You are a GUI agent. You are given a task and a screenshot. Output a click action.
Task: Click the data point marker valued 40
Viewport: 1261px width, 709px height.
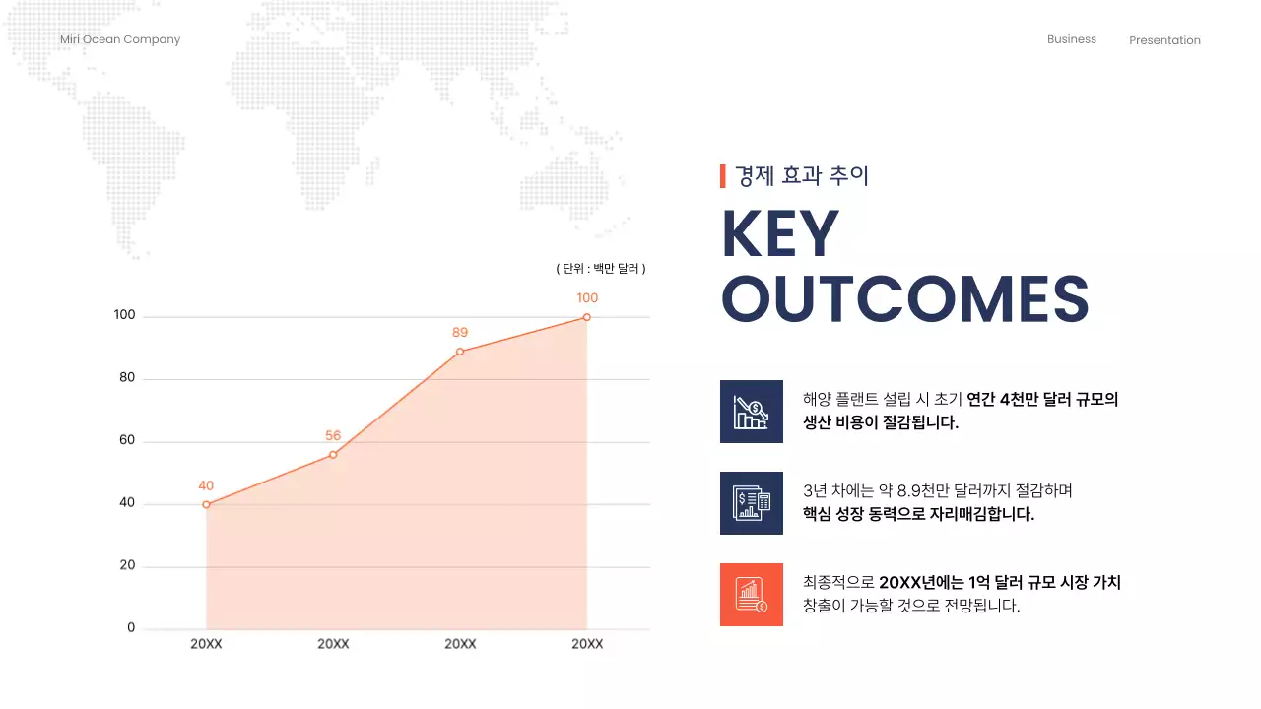click(206, 505)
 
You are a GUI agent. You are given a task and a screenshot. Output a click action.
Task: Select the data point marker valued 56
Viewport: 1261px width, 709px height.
click(333, 455)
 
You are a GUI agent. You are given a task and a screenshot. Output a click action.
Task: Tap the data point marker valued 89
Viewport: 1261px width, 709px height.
click(460, 352)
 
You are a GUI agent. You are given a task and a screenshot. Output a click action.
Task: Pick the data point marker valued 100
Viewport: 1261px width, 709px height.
click(587, 317)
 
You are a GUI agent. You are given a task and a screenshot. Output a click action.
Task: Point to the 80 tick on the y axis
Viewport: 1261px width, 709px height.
click(126, 378)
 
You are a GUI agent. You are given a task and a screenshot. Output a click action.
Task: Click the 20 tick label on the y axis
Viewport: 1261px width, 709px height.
click(126, 566)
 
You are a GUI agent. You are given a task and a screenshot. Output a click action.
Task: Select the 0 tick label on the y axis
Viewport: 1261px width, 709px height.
click(131, 628)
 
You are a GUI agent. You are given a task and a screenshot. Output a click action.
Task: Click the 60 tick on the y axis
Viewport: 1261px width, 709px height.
click(126, 441)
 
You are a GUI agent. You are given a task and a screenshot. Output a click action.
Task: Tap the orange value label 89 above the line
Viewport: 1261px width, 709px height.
click(460, 333)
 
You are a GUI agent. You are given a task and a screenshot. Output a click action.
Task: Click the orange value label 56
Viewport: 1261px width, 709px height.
click(333, 436)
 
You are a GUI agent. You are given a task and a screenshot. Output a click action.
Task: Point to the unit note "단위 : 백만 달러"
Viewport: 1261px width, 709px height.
click(601, 268)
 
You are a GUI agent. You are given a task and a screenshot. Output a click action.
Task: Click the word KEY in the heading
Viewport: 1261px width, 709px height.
click(780, 234)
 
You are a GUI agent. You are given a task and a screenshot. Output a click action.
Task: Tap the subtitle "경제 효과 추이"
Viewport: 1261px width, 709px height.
click(802, 176)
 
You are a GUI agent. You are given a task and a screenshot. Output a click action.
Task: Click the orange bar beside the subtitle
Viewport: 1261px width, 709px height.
click(723, 176)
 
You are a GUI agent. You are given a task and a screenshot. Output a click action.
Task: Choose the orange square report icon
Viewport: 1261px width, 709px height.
click(752, 595)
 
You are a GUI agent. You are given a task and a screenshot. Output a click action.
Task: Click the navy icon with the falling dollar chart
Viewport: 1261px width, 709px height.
click(752, 412)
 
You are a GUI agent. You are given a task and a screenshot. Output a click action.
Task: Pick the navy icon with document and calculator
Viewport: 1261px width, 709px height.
click(752, 503)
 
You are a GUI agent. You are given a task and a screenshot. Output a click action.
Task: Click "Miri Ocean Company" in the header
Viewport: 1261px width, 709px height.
click(120, 39)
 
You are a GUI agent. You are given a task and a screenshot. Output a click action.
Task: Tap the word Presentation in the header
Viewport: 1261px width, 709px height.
click(1164, 40)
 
